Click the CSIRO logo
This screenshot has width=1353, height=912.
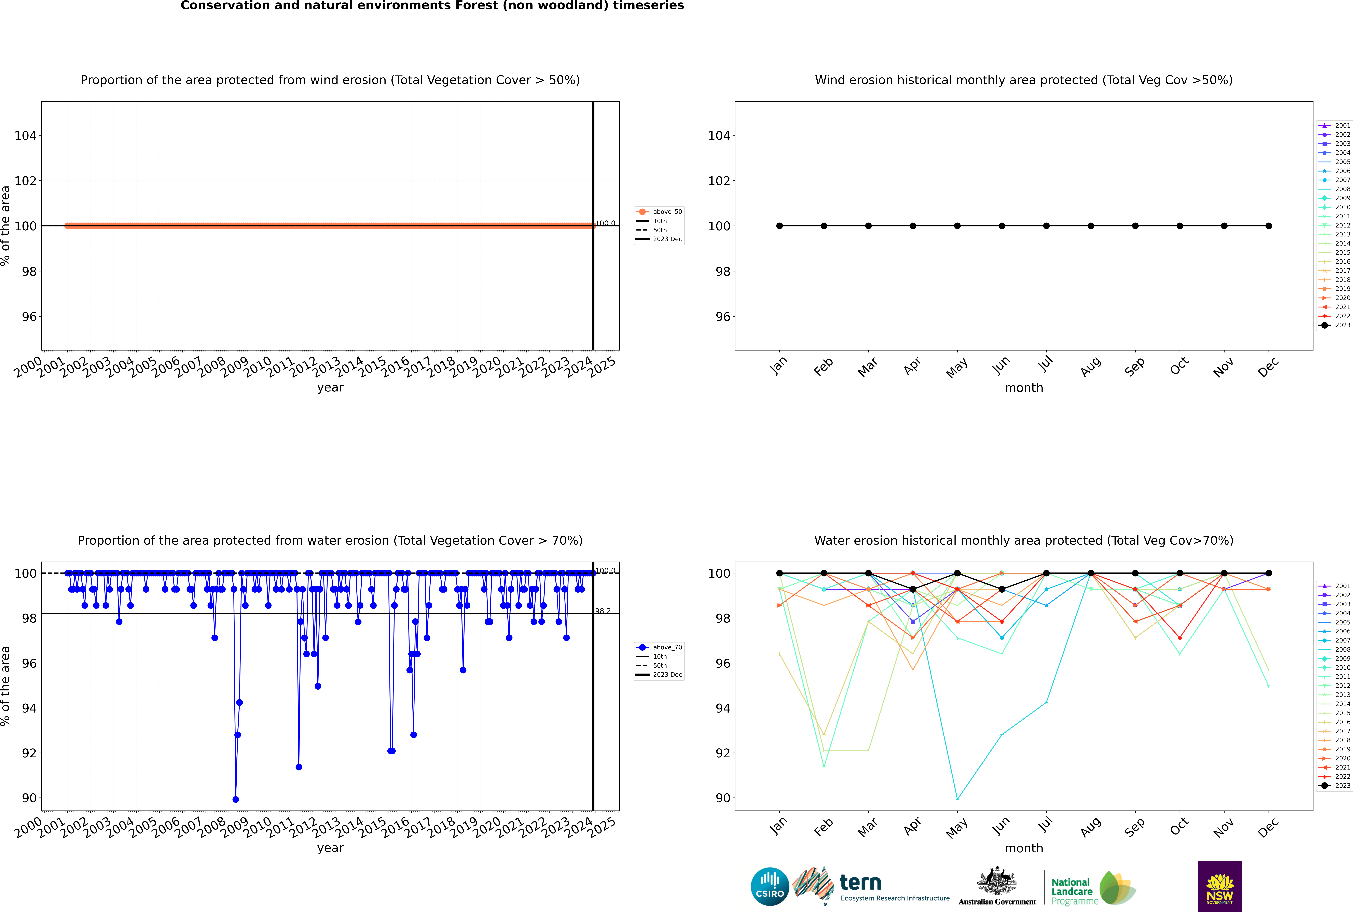pyautogui.click(x=770, y=886)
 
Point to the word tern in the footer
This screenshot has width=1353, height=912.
pyautogui.click(x=860, y=883)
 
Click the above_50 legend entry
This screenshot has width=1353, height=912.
pyautogui.click(x=659, y=212)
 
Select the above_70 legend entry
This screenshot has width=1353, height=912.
pyautogui.click(x=659, y=647)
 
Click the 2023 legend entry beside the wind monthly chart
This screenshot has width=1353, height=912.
pyautogui.click(x=1334, y=325)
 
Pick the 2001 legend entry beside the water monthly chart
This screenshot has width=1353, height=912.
pyautogui.click(x=1334, y=586)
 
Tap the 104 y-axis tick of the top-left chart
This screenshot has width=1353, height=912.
pyautogui.click(x=25, y=136)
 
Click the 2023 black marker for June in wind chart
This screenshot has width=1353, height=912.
pyautogui.click(x=1002, y=226)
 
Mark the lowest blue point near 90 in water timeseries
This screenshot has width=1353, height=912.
pyautogui.click(x=236, y=799)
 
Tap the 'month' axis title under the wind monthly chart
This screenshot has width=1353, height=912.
pyautogui.click(x=1024, y=388)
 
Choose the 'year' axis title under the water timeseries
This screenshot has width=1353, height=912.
pyautogui.click(x=330, y=848)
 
